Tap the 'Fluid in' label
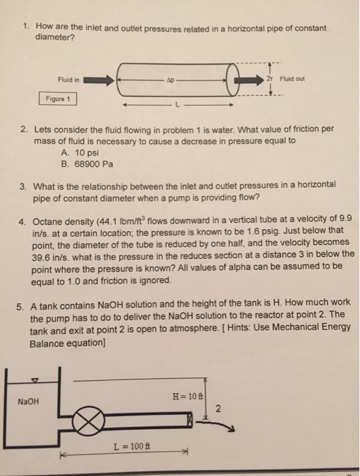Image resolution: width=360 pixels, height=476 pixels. click(x=69, y=79)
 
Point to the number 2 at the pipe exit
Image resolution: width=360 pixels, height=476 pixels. click(x=217, y=409)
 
